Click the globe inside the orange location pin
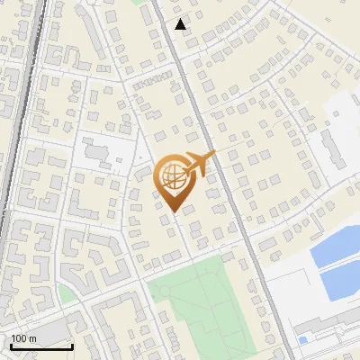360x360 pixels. click(173, 177)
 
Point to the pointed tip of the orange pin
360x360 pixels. click(172, 211)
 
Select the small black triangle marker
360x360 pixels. click(182, 24)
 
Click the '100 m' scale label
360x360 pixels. click(25, 338)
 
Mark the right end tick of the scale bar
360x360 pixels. click(72, 346)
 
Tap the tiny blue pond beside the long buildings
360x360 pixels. click(302, 339)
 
